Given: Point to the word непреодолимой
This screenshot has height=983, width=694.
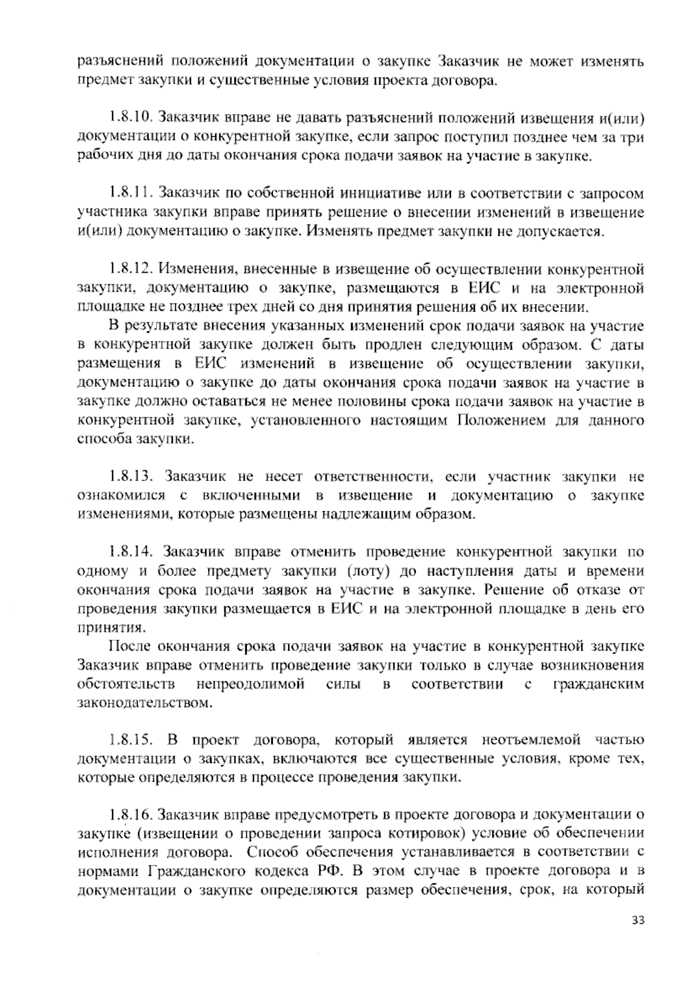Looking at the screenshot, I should click(250, 684).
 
